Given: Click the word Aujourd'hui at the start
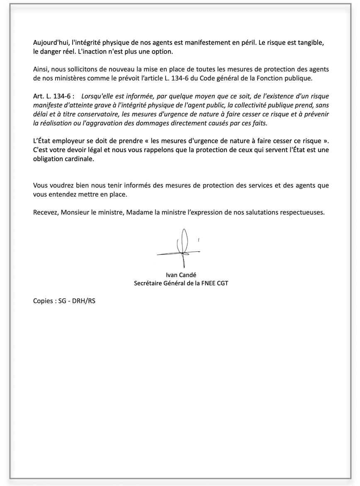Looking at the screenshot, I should click(51, 43).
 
